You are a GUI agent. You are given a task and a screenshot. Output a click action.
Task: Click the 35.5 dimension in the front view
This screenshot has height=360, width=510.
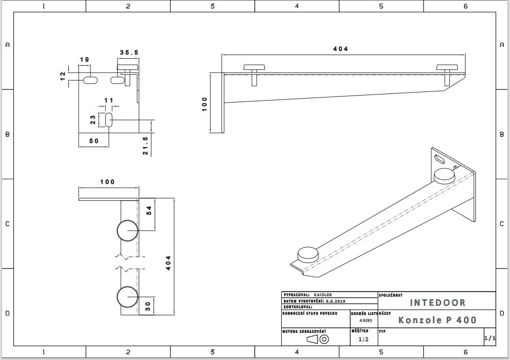(x=129, y=53)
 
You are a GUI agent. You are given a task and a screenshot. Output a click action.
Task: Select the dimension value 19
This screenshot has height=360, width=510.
(x=85, y=60)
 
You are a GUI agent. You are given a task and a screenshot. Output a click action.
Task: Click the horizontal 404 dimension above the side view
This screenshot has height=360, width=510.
(x=341, y=49)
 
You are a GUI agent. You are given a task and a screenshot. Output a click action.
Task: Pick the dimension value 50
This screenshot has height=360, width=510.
(x=94, y=141)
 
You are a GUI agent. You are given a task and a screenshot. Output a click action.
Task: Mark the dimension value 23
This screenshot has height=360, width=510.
(x=93, y=119)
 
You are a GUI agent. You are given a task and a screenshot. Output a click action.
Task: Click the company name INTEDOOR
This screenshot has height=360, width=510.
(x=438, y=303)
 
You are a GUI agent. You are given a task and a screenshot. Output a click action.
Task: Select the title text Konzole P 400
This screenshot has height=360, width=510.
(x=438, y=320)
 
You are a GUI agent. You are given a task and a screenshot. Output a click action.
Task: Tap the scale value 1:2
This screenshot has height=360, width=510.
(x=363, y=339)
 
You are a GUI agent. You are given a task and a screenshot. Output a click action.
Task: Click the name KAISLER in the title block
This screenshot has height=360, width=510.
(x=323, y=295)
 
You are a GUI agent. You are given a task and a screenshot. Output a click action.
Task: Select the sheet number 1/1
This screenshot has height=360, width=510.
(x=489, y=338)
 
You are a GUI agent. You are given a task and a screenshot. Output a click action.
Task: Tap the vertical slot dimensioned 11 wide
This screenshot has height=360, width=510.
(x=109, y=120)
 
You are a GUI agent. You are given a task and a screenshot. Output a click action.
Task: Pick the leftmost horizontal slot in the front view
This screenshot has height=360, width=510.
(x=90, y=80)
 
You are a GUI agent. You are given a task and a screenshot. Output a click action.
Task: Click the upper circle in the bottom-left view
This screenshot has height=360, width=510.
(x=127, y=231)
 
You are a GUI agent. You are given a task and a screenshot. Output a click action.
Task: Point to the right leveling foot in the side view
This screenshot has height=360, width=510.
(x=448, y=67)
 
